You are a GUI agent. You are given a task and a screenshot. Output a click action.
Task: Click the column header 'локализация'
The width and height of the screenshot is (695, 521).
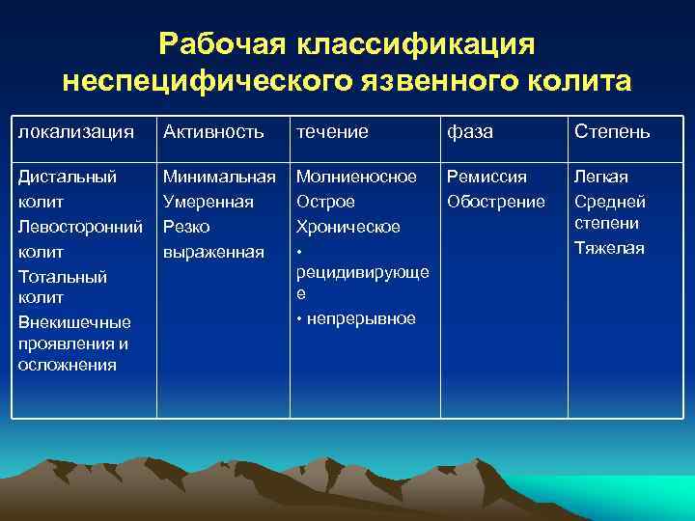[x=76, y=132]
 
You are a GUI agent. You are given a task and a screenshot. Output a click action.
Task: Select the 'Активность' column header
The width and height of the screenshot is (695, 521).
[x=213, y=132]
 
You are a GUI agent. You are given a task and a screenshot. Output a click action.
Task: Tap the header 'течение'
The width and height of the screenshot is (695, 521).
[x=332, y=132]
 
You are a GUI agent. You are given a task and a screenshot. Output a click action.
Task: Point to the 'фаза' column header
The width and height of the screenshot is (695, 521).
[x=469, y=132]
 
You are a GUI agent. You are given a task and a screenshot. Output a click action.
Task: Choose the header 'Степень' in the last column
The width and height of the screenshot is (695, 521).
[x=612, y=132]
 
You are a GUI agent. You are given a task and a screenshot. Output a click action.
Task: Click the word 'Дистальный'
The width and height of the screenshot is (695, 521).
[x=68, y=178]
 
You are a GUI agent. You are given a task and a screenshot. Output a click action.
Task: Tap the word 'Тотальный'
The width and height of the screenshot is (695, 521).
[x=63, y=277]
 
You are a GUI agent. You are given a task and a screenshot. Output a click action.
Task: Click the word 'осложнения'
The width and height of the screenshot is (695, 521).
[x=67, y=365]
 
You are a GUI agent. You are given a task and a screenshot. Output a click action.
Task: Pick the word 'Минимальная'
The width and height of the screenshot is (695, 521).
[x=219, y=178]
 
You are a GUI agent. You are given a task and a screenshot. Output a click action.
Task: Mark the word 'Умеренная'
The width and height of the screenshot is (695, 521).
[x=208, y=202]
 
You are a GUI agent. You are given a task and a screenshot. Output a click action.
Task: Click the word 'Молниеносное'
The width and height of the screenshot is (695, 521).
[x=356, y=178]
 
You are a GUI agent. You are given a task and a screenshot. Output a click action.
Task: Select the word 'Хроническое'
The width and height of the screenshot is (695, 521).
[x=347, y=227]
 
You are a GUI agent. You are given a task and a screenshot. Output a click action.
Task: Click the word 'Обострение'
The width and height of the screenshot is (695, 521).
[x=495, y=202]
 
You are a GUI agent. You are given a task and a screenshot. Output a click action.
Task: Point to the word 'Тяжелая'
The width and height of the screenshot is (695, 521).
[x=609, y=248]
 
